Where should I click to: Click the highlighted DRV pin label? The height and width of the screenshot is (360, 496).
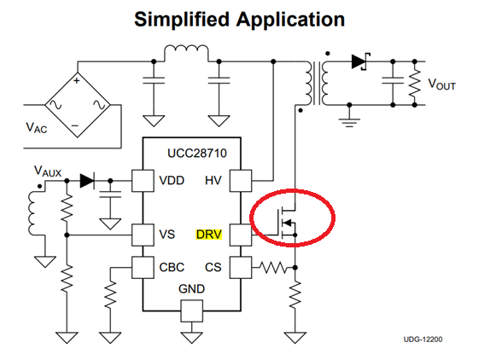pyautogui.click(x=209, y=235)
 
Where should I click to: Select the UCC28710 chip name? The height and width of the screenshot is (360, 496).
pyautogui.click(x=196, y=154)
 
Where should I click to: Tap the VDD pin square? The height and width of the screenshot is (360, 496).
pyautogui.click(x=143, y=181)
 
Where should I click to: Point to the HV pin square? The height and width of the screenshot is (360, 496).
pyautogui.click(x=241, y=181)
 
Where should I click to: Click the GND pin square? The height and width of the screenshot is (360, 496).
pyautogui.click(x=192, y=311)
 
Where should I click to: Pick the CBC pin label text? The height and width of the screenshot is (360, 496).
pyautogui.click(x=172, y=267)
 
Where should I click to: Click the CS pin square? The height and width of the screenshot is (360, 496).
pyautogui.click(x=241, y=267)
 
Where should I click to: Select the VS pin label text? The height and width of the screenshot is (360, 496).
pyautogui.click(x=167, y=235)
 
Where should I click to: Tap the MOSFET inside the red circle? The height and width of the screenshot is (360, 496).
pyautogui.click(x=287, y=223)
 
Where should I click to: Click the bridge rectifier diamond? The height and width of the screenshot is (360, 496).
pyautogui.click(x=78, y=105)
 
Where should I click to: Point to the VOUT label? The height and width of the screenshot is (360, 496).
pyautogui.click(x=441, y=84)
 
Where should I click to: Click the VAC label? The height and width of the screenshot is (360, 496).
pyautogui.click(x=37, y=128)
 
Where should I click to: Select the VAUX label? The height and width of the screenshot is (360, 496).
pyautogui.click(x=48, y=171)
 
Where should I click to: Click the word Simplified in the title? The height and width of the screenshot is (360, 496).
pyautogui.click(x=182, y=20)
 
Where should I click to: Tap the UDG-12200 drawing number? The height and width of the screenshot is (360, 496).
pyautogui.click(x=423, y=340)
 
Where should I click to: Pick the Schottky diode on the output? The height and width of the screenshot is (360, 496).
pyautogui.click(x=360, y=61)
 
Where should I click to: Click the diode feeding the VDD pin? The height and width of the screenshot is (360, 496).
pyautogui.click(x=87, y=181)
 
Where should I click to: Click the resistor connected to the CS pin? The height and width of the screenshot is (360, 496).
pyautogui.click(x=273, y=268)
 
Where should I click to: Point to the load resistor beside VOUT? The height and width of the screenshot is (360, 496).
pyautogui.click(x=415, y=84)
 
